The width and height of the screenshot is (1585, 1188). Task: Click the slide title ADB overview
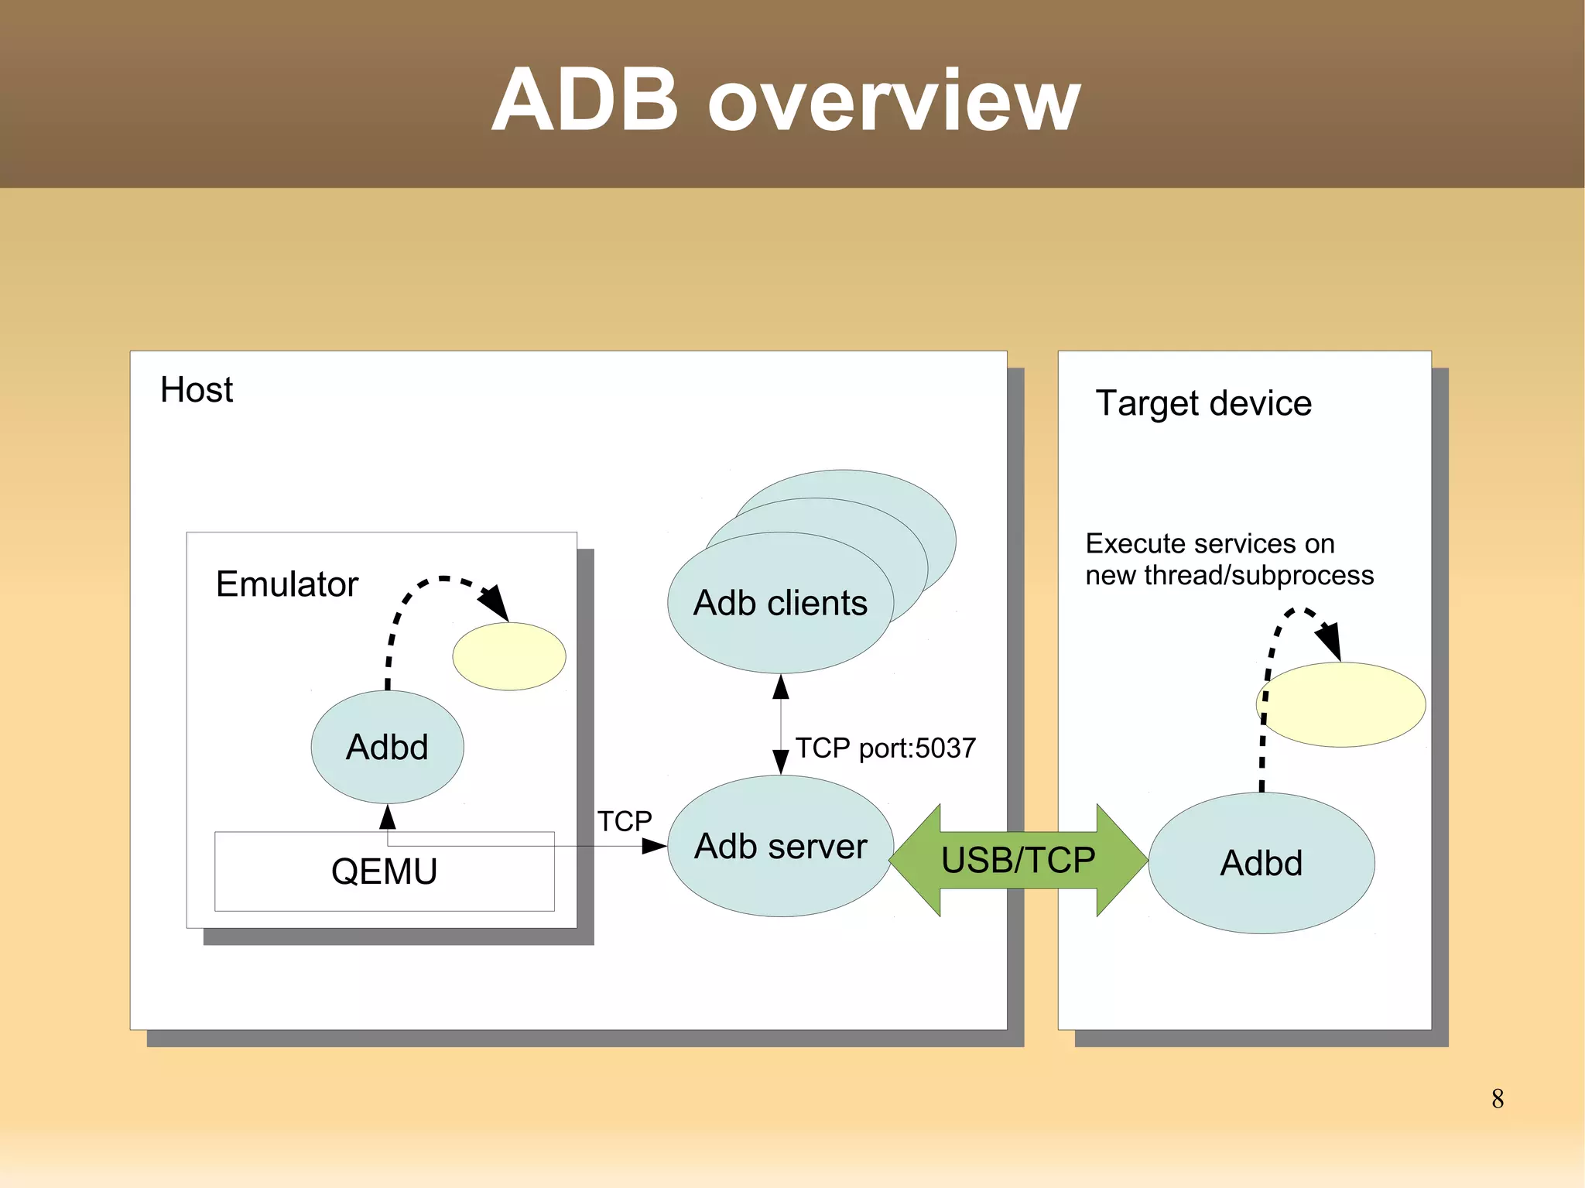click(786, 101)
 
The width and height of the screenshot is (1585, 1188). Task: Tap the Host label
click(196, 389)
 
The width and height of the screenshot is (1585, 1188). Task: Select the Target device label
click(1203, 403)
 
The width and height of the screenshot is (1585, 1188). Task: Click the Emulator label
click(286, 584)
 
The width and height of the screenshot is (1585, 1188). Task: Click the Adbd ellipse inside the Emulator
click(387, 747)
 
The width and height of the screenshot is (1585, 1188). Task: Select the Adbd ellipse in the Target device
click(1261, 863)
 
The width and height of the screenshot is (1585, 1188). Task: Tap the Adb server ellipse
click(780, 846)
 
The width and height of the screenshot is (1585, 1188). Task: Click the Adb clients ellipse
click(780, 603)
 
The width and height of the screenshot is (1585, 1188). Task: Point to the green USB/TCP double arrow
click(1018, 860)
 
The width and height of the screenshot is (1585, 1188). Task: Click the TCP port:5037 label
click(885, 748)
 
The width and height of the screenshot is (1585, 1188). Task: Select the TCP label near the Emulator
click(625, 820)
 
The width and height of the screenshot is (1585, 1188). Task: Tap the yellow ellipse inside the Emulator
click(508, 656)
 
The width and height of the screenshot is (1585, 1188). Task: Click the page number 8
click(1498, 1098)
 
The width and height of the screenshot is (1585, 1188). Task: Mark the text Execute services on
click(1210, 543)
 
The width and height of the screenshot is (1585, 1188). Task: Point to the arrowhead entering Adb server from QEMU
click(654, 847)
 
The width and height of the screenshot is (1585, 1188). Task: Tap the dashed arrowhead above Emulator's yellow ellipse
click(495, 603)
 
